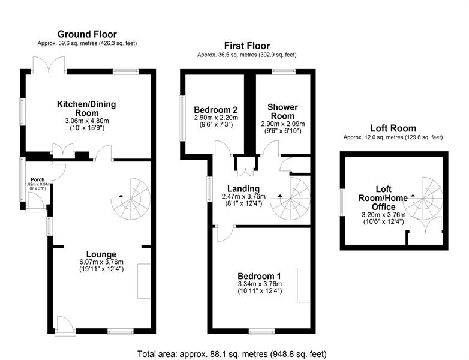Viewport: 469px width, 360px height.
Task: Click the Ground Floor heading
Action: click(x=87, y=34)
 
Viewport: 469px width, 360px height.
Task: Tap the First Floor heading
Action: click(x=247, y=46)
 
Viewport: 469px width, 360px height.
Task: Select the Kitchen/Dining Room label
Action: click(x=86, y=109)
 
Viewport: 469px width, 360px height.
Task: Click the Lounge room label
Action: click(x=101, y=254)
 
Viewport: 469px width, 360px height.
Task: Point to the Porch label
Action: click(x=38, y=179)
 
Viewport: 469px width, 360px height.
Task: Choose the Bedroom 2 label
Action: click(x=216, y=110)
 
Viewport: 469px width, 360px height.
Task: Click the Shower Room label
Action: click(x=282, y=112)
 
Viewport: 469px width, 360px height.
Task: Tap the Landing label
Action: click(x=243, y=189)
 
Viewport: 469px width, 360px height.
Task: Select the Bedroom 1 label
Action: click(x=259, y=276)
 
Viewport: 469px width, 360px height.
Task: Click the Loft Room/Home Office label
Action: click(x=383, y=198)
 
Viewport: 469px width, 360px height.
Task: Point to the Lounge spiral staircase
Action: click(x=131, y=199)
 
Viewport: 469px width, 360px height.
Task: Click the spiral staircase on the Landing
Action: click(x=290, y=199)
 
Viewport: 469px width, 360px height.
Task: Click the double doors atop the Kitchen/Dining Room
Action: click(x=49, y=65)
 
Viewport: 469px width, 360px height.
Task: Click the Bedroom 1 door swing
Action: click(x=226, y=233)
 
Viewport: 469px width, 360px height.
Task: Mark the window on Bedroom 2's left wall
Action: click(x=182, y=118)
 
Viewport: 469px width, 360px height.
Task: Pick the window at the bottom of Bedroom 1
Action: click(x=261, y=331)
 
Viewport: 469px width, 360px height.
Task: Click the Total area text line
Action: click(x=232, y=354)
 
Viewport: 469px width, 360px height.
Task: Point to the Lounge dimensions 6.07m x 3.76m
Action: click(x=101, y=262)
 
